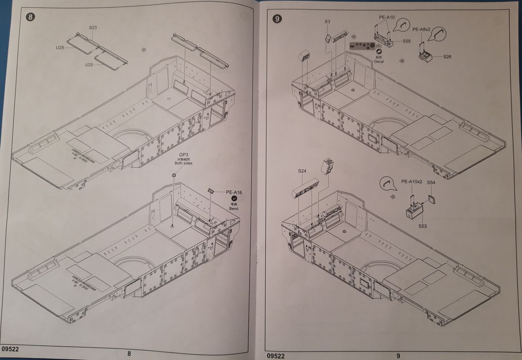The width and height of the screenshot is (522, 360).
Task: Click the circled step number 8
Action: coord(31,18)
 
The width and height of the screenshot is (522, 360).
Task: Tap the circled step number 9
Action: coord(277,20)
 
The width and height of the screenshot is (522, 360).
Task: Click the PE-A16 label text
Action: coord(234,192)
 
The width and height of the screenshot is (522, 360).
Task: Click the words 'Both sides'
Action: coord(183,164)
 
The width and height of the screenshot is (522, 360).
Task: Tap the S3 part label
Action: coord(328,22)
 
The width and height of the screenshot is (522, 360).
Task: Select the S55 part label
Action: coord(407,42)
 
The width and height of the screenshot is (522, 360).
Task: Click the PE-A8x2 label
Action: coord(422,30)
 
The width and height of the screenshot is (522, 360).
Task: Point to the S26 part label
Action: coord(447,57)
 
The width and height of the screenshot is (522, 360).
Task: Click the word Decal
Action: coord(379,61)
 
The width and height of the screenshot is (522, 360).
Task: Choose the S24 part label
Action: coord(302,171)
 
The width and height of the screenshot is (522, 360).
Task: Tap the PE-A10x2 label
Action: coord(412,182)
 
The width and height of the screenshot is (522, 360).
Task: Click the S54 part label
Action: coord(431,182)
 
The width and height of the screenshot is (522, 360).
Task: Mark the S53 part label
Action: coord(423,226)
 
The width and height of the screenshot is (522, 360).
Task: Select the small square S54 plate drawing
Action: coord(432,198)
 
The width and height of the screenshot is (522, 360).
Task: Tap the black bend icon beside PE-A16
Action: coord(234,200)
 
